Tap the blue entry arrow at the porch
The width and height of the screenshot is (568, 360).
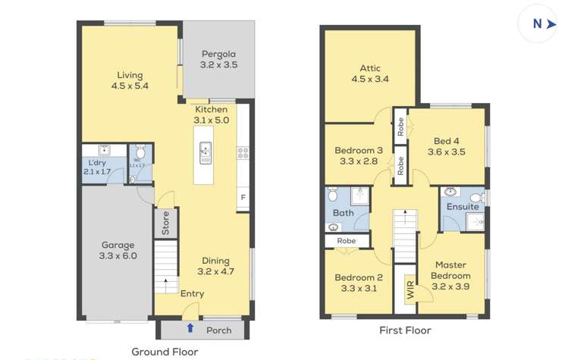click(x=190, y=328)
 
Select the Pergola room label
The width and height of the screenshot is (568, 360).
click(x=218, y=60)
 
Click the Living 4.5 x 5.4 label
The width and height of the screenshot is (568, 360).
click(x=130, y=80)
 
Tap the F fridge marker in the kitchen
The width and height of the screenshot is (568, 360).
click(x=243, y=198)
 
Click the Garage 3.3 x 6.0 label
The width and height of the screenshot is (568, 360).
click(x=118, y=250)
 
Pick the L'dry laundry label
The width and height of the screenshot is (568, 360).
click(x=96, y=167)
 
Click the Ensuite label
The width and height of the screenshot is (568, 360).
click(x=462, y=207)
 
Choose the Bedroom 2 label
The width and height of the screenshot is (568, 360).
click(x=359, y=283)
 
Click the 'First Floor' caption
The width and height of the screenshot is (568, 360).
click(x=405, y=330)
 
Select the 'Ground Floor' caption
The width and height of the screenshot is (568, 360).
click(x=165, y=352)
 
